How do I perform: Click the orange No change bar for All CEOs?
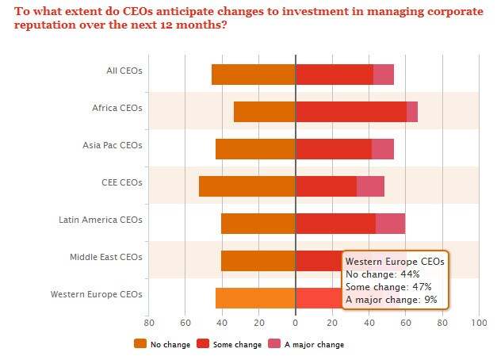tap(253, 74)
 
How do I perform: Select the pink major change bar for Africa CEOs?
tap(412, 112)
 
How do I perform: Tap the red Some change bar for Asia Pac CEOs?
tap(333, 149)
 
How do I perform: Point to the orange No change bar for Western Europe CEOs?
tap(255, 298)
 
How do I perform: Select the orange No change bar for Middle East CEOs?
tap(258, 261)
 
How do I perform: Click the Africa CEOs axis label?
tap(117, 108)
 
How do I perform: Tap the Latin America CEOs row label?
tap(101, 220)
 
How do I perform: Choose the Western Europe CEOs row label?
tap(96, 294)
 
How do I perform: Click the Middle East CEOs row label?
tap(105, 257)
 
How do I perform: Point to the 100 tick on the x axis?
tap(479, 323)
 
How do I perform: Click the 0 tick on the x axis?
tap(295, 323)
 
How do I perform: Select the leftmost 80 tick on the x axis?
tap(148, 323)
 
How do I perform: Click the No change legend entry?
tap(162, 344)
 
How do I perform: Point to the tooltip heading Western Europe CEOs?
tap(395, 261)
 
